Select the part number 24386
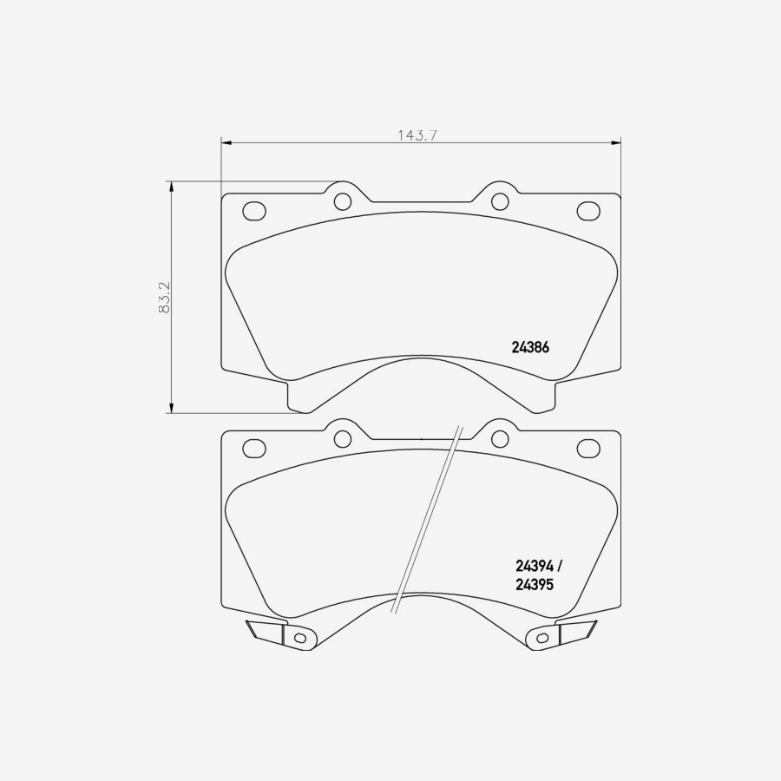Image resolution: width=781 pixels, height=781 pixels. pos(531,345)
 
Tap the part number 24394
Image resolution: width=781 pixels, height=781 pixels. pos(534,566)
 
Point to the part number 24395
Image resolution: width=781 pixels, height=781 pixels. pos(534,585)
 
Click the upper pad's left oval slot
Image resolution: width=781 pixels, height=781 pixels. pos(253,211)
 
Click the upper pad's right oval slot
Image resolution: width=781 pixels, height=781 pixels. pos(588,211)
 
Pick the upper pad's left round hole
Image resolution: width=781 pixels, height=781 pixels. pos(343,202)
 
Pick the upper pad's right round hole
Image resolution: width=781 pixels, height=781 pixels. pos(499,202)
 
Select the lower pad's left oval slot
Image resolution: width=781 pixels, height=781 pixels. pos(253,448)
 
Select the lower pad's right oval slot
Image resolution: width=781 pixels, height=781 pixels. pos(588,448)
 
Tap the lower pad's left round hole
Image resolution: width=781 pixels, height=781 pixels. pos(343,438)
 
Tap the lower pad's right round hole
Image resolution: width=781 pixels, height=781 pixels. pos(499,438)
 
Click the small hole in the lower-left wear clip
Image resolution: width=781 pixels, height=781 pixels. pos(300,638)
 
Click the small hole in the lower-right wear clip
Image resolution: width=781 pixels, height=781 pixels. pos(542,638)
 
